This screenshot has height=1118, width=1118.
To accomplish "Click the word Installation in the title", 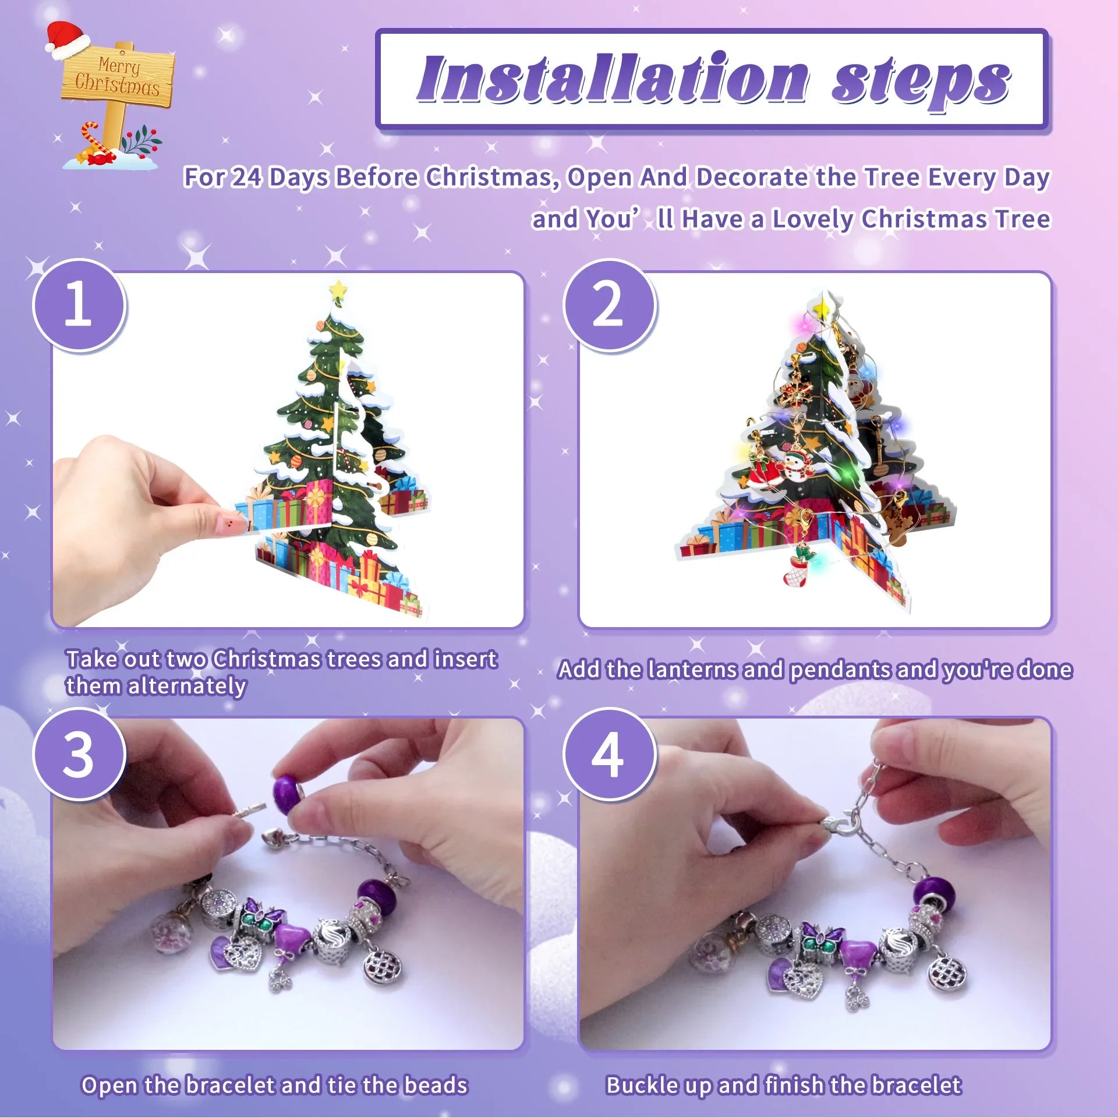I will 611,79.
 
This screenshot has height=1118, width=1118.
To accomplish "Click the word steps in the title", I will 920,82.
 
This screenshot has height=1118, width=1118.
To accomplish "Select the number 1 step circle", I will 79,305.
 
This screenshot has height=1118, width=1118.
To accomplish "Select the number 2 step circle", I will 609,305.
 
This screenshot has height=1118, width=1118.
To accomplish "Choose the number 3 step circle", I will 79,755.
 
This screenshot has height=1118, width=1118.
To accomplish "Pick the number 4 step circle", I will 609,755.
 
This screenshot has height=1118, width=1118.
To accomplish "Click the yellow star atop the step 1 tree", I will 337,289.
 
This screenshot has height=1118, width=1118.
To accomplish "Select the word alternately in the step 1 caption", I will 187,686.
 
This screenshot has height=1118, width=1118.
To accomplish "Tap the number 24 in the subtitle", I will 246,177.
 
